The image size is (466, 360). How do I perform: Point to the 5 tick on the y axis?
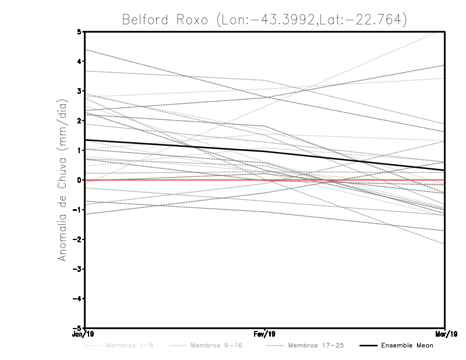click(x=79, y=31)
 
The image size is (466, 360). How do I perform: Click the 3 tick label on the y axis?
click(x=79, y=91)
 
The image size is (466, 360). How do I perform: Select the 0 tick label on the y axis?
click(x=79, y=180)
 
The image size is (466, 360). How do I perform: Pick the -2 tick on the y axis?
click(x=77, y=239)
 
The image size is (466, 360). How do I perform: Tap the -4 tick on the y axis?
click(x=77, y=299)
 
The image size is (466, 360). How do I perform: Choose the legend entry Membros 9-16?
click(x=216, y=345)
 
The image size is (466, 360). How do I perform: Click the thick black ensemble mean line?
click(x=175, y=146)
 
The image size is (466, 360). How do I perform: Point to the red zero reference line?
click(x=175, y=180)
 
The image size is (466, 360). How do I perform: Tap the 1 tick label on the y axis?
click(x=79, y=150)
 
